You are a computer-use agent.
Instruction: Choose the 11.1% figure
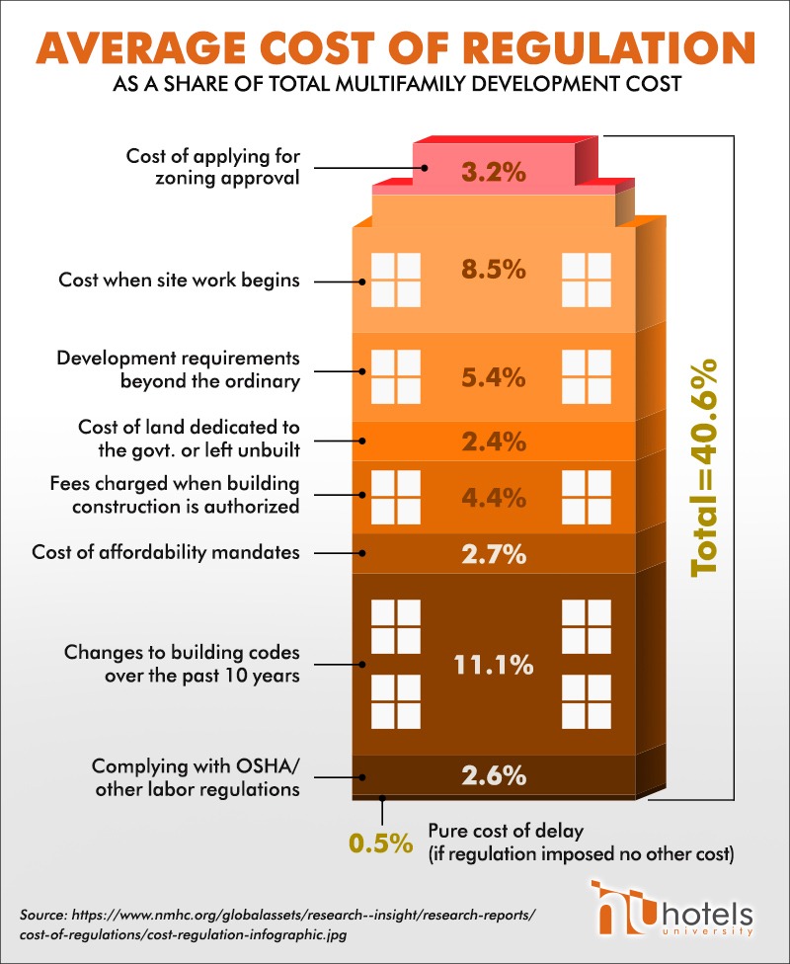coord(493,665)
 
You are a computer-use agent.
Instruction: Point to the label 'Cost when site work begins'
coord(180,281)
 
